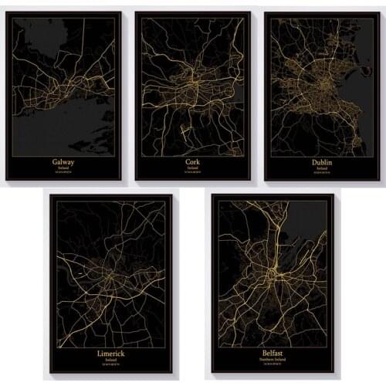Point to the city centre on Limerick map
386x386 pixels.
tap(110, 275)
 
